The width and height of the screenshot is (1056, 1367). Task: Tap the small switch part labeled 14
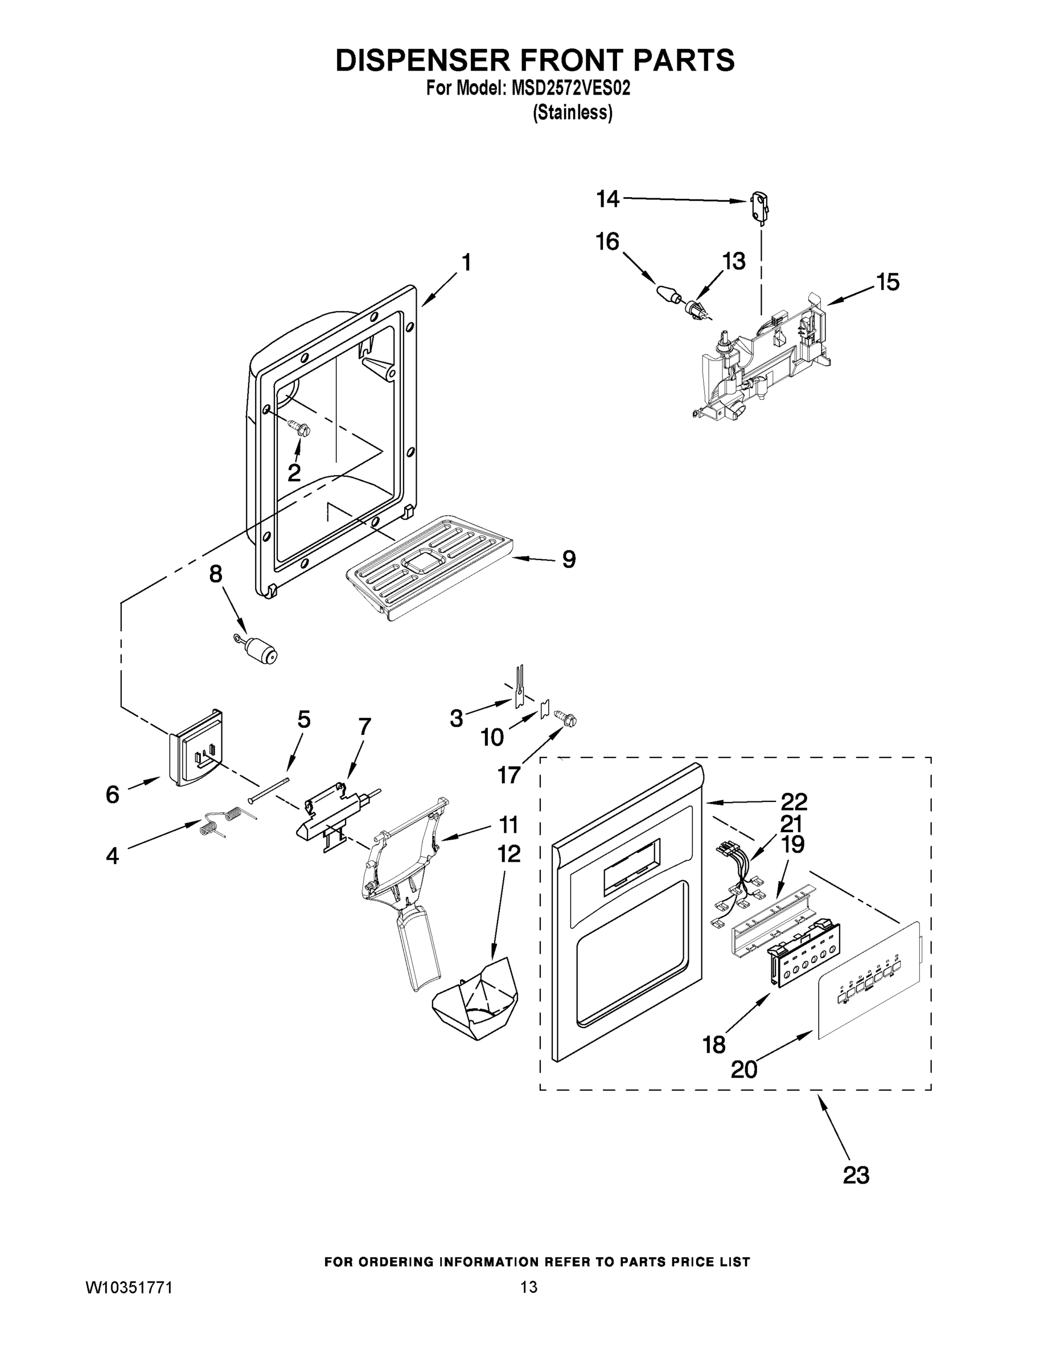click(759, 208)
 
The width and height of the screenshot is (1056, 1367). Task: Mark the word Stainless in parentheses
click(573, 113)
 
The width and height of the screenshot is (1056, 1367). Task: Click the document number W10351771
click(128, 1287)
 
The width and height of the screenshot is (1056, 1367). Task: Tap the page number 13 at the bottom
click(529, 1287)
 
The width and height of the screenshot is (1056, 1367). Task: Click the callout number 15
click(887, 282)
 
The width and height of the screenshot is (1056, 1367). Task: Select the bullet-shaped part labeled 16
click(669, 293)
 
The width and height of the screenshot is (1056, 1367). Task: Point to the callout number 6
click(113, 795)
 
